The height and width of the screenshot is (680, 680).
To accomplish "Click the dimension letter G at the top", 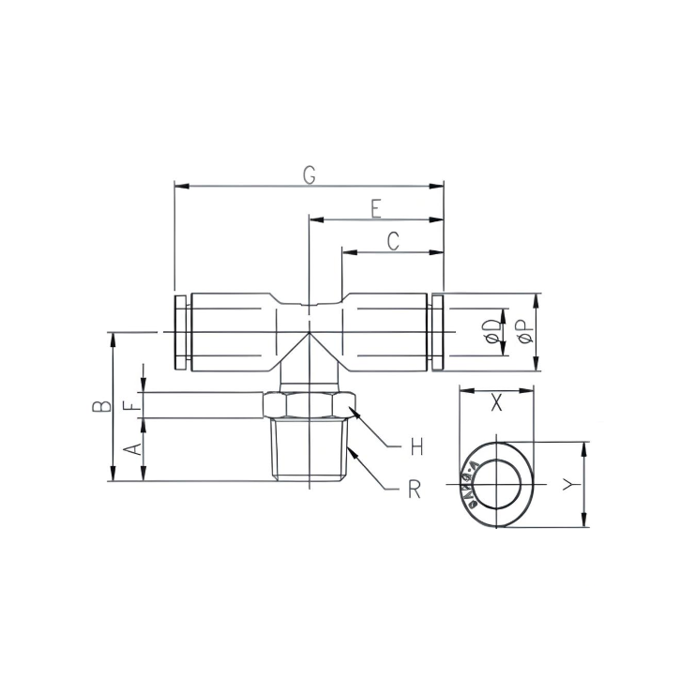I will pyautogui.click(x=309, y=174).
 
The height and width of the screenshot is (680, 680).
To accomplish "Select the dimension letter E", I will pyautogui.click(x=375, y=207).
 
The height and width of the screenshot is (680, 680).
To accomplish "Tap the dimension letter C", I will pyautogui.click(x=393, y=240).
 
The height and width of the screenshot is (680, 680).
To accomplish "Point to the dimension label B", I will pyautogui.click(x=100, y=406).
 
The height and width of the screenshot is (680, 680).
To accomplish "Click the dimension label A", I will pyautogui.click(x=134, y=449).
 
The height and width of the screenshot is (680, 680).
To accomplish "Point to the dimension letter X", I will pyautogui.click(x=496, y=403).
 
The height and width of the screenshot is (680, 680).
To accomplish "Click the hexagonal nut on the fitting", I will pyautogui.click(x=310, y=404).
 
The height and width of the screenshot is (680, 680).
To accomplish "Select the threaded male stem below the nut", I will pyautogui.click(x=310, y=449).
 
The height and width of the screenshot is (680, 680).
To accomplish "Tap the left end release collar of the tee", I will pyautogui.click(x=181, y=332).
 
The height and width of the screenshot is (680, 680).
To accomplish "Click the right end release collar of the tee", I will pyautogui.click(x=436, y=332).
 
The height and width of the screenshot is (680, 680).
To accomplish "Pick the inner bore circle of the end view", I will pyautogui.click(x=497, y=484).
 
